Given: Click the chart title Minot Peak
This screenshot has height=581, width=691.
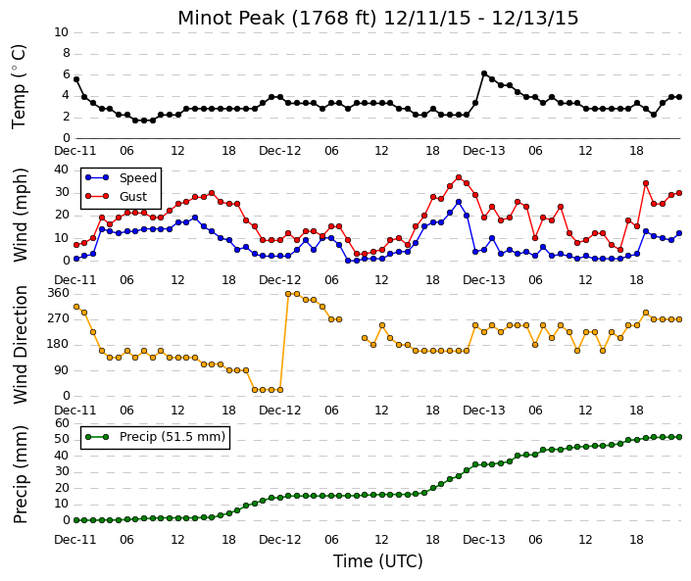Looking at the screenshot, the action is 231,18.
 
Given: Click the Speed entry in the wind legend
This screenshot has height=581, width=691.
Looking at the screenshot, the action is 121,177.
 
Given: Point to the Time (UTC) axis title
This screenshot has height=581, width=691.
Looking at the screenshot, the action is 378,561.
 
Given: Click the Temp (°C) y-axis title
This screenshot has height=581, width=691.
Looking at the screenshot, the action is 19,87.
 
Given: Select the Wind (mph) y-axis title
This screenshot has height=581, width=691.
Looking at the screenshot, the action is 21,215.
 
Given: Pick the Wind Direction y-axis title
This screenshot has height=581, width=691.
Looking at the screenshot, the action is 21,345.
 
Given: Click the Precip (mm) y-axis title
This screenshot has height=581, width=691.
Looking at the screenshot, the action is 21,474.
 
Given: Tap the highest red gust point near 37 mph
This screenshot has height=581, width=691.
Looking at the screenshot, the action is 459,177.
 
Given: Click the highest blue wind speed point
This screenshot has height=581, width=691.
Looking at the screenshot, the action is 459,202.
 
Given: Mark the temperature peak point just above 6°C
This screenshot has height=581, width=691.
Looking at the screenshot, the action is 484,73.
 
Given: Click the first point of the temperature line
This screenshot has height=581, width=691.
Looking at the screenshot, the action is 76,79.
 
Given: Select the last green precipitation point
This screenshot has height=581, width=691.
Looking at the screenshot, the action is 679,437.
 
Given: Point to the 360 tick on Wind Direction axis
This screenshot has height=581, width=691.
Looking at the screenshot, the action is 60,293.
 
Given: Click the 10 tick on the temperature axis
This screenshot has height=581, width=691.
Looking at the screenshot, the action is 61,32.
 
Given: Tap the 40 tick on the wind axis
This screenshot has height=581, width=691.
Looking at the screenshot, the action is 62,169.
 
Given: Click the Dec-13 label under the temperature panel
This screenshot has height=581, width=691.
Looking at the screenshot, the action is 484,151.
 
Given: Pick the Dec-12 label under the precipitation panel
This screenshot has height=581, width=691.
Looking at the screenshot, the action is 280,540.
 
